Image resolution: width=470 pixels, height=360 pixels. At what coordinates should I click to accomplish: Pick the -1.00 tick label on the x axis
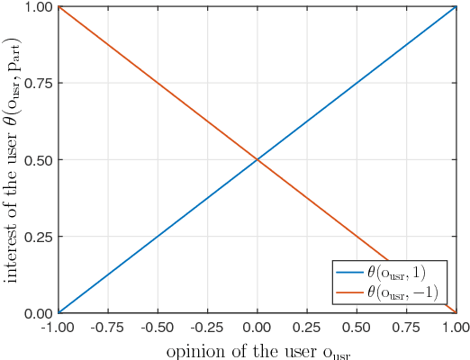[x=58, y=327]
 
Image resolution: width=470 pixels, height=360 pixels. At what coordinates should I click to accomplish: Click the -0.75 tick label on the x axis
[x=107, y=327]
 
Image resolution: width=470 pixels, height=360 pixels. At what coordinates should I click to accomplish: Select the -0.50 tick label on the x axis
[x=157, y=327]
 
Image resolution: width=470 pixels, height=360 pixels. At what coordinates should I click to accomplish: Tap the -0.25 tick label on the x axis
[x=206, y=327]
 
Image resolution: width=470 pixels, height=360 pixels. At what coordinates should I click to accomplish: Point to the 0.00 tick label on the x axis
[x=258, y=327]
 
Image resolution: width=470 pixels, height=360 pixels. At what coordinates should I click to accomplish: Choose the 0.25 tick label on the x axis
[x=307, y=327]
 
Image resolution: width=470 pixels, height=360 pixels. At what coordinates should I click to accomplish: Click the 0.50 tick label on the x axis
[x=357, y=327]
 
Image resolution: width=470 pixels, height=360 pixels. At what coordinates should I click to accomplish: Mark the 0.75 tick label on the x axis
[x=406, y=327]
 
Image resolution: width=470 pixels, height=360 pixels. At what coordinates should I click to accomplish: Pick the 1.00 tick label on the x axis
[x=456, y=327]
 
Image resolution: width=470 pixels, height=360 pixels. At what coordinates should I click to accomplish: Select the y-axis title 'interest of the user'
[x=13, y=160]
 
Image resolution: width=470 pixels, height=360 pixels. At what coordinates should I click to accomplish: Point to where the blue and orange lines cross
[x=258, y=160]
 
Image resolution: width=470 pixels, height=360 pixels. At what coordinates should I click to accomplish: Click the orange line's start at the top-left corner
[x=59, y=8]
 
